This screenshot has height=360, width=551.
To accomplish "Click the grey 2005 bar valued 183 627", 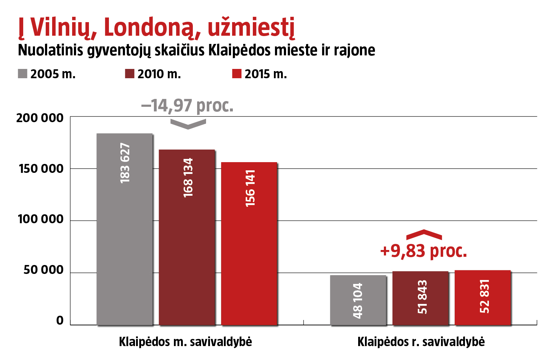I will click(x=125, y=229).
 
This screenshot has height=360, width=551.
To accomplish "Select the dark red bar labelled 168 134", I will click(x=187, y=237).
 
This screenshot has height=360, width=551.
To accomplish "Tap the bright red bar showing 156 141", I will click(x=249, y=244).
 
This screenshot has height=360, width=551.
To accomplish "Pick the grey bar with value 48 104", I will click(x=358, y=300).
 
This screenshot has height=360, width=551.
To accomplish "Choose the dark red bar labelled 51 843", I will click(x=420, y=298).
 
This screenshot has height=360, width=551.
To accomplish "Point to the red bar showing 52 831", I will click(x=483, y=297).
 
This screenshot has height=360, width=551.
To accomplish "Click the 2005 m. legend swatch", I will click(x=22, y=74).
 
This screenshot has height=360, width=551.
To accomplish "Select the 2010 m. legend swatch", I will click(x=129, y=74).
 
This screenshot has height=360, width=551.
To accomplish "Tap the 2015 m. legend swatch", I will click(x=237, y=74).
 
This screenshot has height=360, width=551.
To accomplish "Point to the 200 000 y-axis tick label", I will click(x=40, y=118).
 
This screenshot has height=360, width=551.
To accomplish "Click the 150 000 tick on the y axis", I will click(x=41, y=169).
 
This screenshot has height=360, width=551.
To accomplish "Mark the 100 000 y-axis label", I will click(x=41, y=219).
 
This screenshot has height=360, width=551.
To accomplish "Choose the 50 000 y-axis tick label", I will click(x=44, y=270).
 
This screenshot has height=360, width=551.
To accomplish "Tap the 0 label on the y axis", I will click(x=60, y=321).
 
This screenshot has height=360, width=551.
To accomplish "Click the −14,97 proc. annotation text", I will click(x=187, y=106).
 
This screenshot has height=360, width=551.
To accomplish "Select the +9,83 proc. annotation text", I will click(x=424, y=251).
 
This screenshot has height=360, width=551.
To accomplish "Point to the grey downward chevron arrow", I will click(x=188, y=124).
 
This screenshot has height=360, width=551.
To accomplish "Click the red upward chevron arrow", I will click(x=424, y=234).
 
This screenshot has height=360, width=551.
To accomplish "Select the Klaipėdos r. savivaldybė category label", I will click(x=421, y=342).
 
